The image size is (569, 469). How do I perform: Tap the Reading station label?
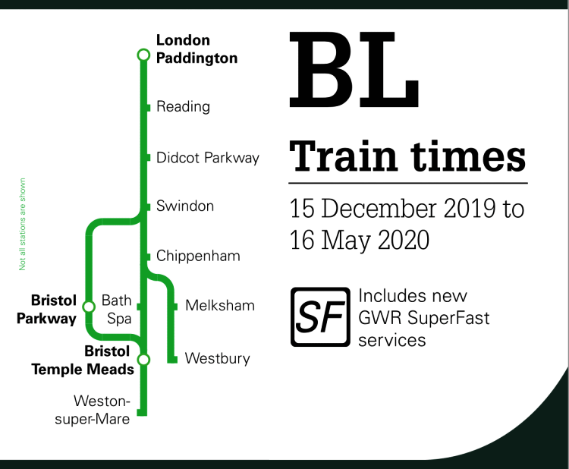pyautogui.click(x=183, y=107)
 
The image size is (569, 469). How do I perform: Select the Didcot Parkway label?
pyautogui.click(x=208, y=158)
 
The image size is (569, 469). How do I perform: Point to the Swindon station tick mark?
pyautogui.click(x=148, y=207)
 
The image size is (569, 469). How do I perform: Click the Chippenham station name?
pyautogui.click(x=198, y=256)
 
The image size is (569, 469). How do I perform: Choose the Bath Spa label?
pyautogui.click(x=117, y=310)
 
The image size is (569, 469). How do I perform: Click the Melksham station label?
pyautogui.click(x=220, y=305)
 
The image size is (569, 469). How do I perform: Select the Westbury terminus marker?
pyautogui.click(x=172, y=360)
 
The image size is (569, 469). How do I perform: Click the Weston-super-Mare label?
pyautogui.click(x=92, y=411)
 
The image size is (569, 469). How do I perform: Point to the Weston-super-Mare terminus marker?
pyautogui.click(x=142, y=412)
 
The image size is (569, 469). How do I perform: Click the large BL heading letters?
pyautogui.click(x=354, y=70)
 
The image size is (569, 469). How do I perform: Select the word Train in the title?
pyautogui.click(x=343, y=156)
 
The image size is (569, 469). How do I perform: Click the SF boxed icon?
pyautogui.click(x=320, y=317)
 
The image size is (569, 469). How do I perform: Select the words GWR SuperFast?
pyautogui.click(x=424, y=318)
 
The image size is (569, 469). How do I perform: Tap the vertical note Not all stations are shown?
pyautogui.click(x=22, y=225)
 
